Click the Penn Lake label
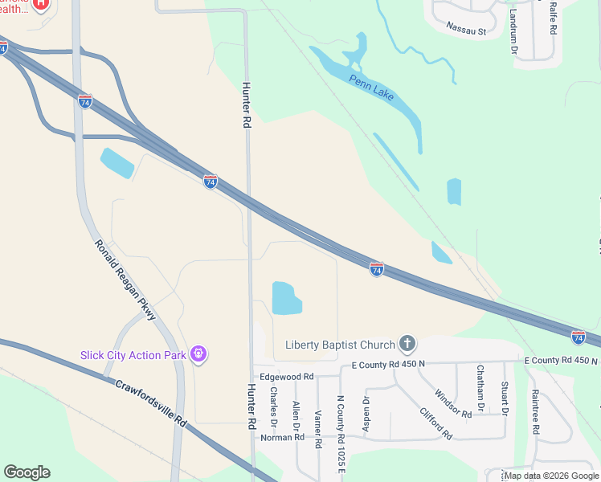(x=371, y=86)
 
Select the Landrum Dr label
(x=513, y=32)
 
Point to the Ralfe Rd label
(x=553, y=18)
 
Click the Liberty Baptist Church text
(x=341, y=345)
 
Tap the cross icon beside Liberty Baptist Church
(x=407, y=345)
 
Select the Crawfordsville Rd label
(x=151, y=402)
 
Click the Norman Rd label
(x=283, y=437)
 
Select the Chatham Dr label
(x=480, y=389)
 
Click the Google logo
(x=27, y=472)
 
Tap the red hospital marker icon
(x=39, y=3)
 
